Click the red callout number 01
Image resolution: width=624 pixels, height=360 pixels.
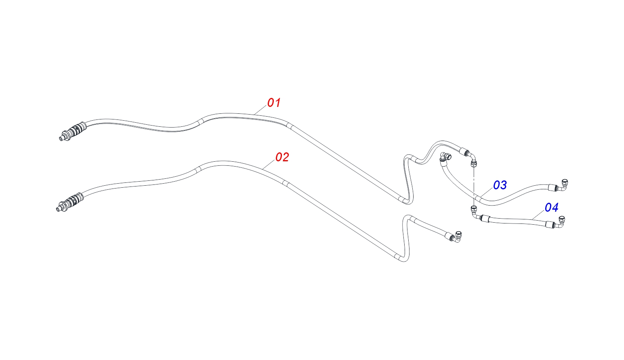tap(274, 102)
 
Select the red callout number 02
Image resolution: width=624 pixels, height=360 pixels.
tap(282, 157)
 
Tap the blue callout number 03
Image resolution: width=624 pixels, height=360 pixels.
tap(500, 185)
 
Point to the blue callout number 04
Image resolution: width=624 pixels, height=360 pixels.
tap(552, 208)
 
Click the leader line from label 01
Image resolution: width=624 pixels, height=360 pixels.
tap(261, 110)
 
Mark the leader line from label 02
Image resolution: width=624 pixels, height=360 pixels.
tap(269, 165)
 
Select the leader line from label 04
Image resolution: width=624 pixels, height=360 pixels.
tap(538, 214)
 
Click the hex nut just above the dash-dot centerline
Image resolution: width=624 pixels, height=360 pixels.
tap(473, 164)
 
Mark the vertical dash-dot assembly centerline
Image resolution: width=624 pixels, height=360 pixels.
tap(473, 186)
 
